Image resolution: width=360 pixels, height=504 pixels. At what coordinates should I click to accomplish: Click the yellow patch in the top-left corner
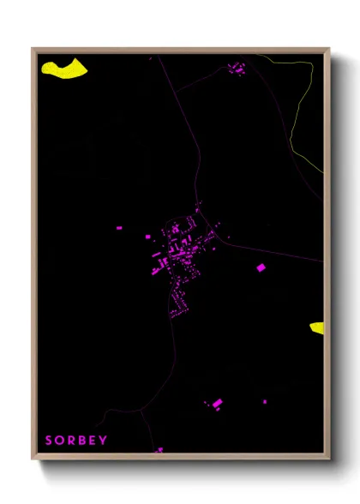pos(64,69)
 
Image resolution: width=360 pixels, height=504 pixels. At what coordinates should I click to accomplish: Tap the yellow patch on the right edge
pos(317,327)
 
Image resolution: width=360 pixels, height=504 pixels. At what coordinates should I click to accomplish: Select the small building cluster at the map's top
pos(237,68)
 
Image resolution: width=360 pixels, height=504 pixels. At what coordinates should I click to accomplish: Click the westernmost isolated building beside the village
pos(119,228)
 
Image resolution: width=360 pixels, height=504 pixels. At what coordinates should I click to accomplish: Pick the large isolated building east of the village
pos(261,268)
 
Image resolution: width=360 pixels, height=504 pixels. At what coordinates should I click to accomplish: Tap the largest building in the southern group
pos(217,403)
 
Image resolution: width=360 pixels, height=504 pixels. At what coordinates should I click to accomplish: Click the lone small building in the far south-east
pos(264,401)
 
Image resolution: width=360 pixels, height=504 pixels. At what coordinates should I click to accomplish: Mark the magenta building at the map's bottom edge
pos(159,449)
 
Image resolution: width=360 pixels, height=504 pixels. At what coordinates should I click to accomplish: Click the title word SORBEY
pos(76,441)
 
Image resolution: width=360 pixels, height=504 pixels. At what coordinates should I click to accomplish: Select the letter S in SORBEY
pos(49,441)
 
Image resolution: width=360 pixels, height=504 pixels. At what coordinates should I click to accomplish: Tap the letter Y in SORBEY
pos(104,441)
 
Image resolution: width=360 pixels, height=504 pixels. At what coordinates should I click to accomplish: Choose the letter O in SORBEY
pos(59,441)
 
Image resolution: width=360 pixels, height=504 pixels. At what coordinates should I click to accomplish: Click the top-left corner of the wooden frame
pos(33,50)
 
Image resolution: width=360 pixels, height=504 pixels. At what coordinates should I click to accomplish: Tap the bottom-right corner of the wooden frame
pos(328,459)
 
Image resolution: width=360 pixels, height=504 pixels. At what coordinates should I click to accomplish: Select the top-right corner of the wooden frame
pos(328,50)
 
